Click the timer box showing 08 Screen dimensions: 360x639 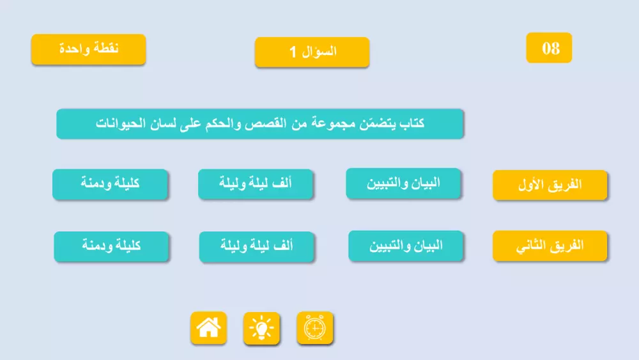click(549, 48)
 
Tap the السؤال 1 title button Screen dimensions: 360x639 click(312, 52)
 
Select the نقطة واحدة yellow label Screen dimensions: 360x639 click(88, 49)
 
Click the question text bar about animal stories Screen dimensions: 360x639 click(259, 123)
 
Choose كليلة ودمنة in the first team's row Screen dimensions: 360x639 click(110, 184)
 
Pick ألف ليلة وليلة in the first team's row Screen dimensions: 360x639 click(256, 184)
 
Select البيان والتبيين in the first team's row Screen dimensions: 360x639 click(404, 184)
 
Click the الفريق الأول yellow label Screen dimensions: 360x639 click(550, 185)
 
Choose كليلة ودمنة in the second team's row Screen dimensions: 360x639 click(111, 246)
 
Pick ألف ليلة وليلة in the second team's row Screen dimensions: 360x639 click(257, 246)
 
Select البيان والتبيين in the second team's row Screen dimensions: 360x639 click(406, 246)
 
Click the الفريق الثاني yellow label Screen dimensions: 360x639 click(550, 246)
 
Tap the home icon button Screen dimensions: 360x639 click(208, 328)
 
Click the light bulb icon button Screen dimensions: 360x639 click(261, 329)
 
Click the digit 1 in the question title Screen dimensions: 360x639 click(293, 52)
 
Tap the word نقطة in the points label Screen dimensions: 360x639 click(106, 49)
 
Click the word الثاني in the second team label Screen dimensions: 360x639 click(530, 246)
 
